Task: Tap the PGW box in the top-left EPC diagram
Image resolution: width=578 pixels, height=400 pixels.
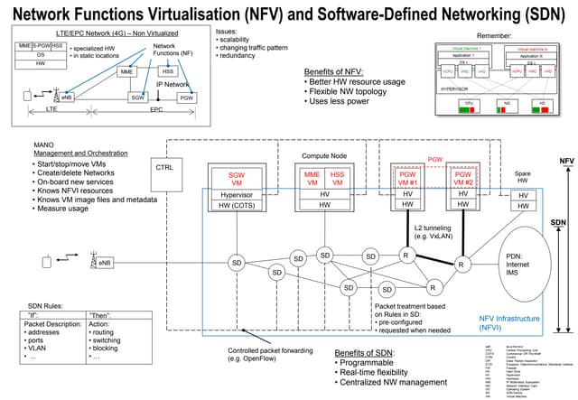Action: (186, 97)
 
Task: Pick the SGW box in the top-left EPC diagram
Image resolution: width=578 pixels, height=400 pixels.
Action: (138, 97)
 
